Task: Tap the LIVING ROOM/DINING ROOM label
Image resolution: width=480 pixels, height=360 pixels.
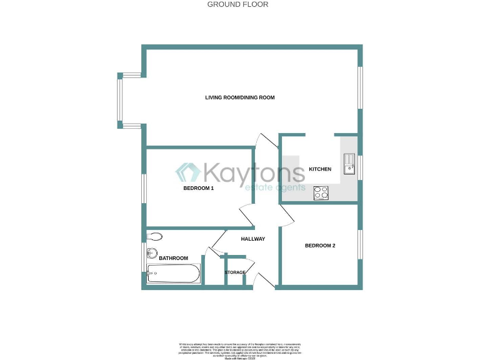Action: (240, 97)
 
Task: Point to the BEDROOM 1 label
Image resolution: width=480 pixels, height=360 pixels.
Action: (199, 188)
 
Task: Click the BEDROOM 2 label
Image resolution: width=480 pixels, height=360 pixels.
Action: (320, 246)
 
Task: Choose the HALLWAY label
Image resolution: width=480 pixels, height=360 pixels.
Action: (253, 239)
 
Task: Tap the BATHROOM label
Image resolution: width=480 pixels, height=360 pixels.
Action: (173, 258)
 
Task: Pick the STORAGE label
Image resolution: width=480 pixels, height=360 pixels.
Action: (235, 272)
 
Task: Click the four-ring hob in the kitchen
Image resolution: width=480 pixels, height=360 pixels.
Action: (321, 193)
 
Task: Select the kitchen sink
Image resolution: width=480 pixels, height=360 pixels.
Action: (349, 164)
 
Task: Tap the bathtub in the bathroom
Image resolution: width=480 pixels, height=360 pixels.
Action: (173, 273)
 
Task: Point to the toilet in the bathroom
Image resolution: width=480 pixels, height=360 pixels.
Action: (155, 237)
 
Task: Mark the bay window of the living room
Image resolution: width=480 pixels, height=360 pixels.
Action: (121, 101)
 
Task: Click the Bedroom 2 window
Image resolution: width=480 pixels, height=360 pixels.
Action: (360, 245)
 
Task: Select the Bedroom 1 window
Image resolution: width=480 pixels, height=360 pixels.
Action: (144, 188)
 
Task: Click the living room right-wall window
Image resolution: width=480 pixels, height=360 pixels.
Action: (360, 87)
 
